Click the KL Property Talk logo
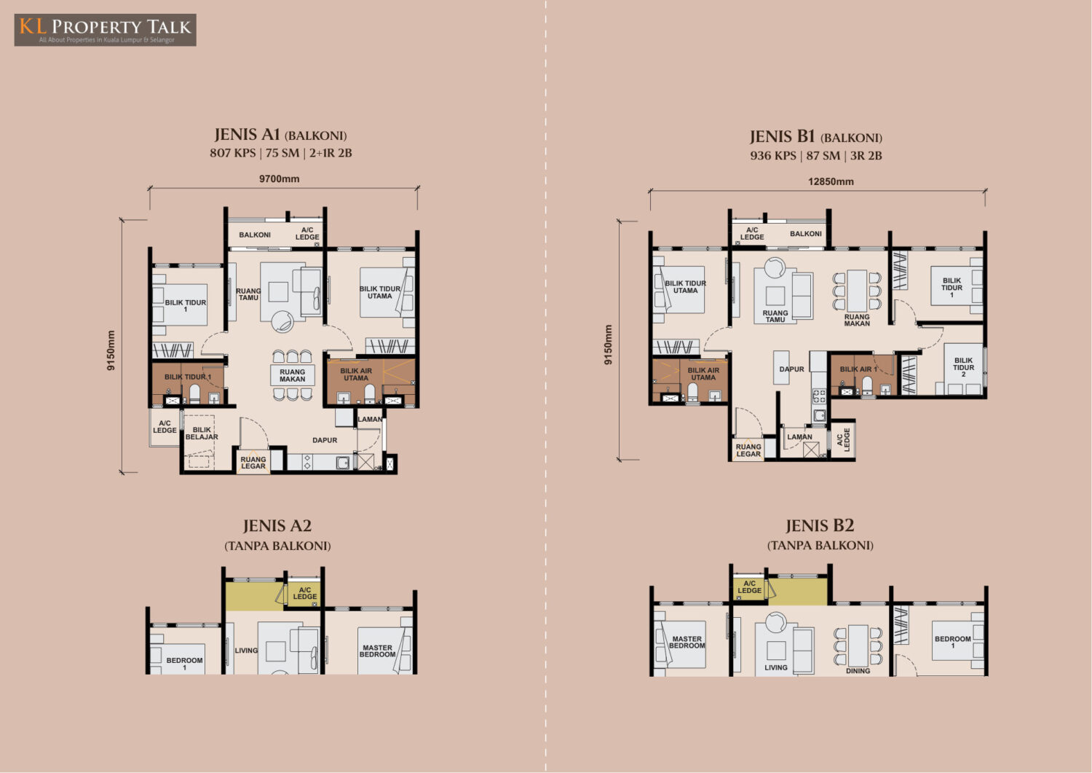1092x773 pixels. pos(106,30)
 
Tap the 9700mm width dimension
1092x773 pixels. pos(280,179)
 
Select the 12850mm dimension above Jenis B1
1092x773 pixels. pos(831,181)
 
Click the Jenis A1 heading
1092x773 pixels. pos(280,135)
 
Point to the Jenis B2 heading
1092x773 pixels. pos(820,525)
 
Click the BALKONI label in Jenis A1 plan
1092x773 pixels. pos(255,235)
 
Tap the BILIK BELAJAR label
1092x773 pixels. pos(202,433)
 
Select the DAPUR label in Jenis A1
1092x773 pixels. pos(325,440)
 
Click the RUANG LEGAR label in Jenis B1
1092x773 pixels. pos(748,450)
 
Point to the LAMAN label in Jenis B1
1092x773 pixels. pos(799,436)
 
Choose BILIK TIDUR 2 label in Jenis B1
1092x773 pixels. pos(963,367)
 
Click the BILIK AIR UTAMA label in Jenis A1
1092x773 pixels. pos(356,374)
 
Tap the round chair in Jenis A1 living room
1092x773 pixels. pos(282,321)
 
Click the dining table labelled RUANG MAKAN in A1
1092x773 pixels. pos(293,375)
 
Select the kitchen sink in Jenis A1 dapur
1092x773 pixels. pos(343,462)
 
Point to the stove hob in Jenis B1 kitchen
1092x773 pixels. pos(819,396)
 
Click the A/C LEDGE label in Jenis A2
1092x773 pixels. pos(305,593)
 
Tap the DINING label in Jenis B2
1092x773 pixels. pos(858,671)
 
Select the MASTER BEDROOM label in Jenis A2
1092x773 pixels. pos(377,651)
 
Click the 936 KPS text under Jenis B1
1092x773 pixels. pos(772,156)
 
